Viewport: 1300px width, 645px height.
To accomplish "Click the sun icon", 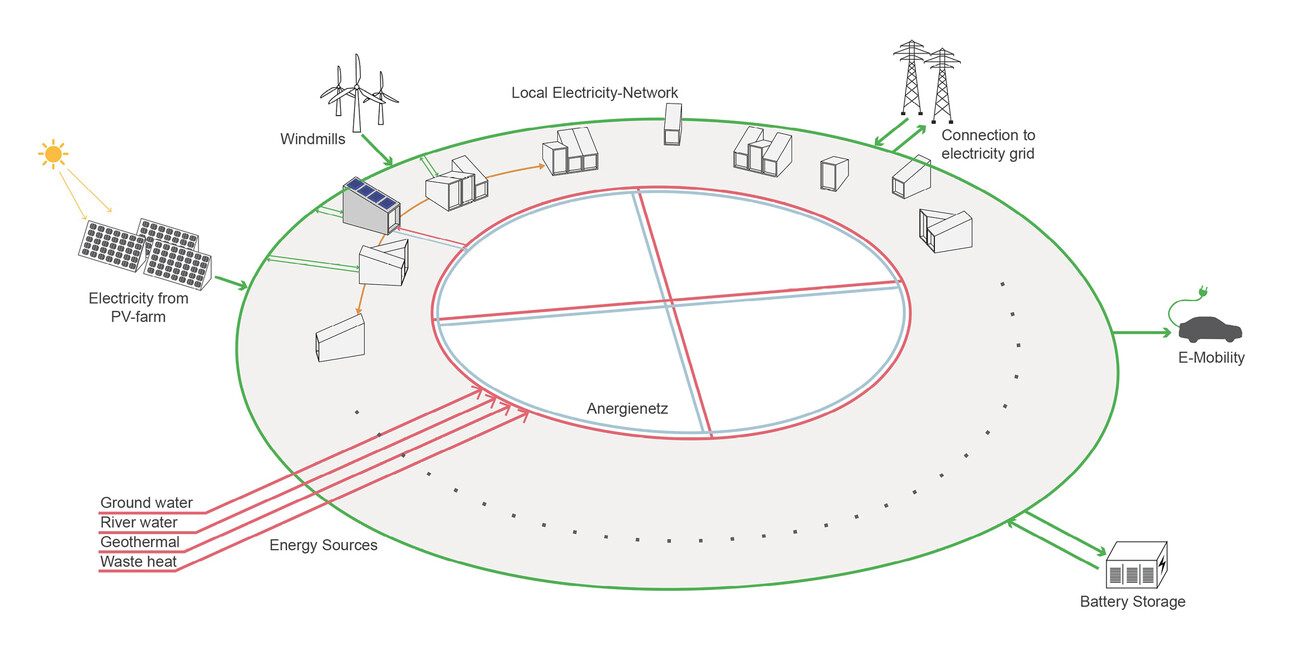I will click(x=53, y=154).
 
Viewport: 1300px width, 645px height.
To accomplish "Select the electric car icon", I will click(x=1210, y=329).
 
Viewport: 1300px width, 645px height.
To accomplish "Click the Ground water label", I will click(x=146, y=502).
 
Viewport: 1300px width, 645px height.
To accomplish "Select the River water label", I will click(x=139, y=522).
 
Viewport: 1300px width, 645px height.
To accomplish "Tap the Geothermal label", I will click(x=140, y=542).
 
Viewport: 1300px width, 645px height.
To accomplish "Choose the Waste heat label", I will click(x=138, y=562).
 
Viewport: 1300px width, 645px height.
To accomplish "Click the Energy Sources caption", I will click(x=323, y=546).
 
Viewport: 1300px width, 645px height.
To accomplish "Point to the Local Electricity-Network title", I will click(x=594, y=93).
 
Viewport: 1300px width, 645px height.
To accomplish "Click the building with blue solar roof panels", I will click(x=371, y=202).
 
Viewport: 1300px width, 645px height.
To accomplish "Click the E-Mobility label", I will click(x=1211, y=357).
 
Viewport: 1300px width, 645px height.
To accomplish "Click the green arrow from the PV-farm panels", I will click(x=229, y=284).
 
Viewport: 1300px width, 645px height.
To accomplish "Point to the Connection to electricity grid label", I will click(x=988, y=144).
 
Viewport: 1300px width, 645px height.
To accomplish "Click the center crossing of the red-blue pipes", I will click(x=669, y=299).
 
